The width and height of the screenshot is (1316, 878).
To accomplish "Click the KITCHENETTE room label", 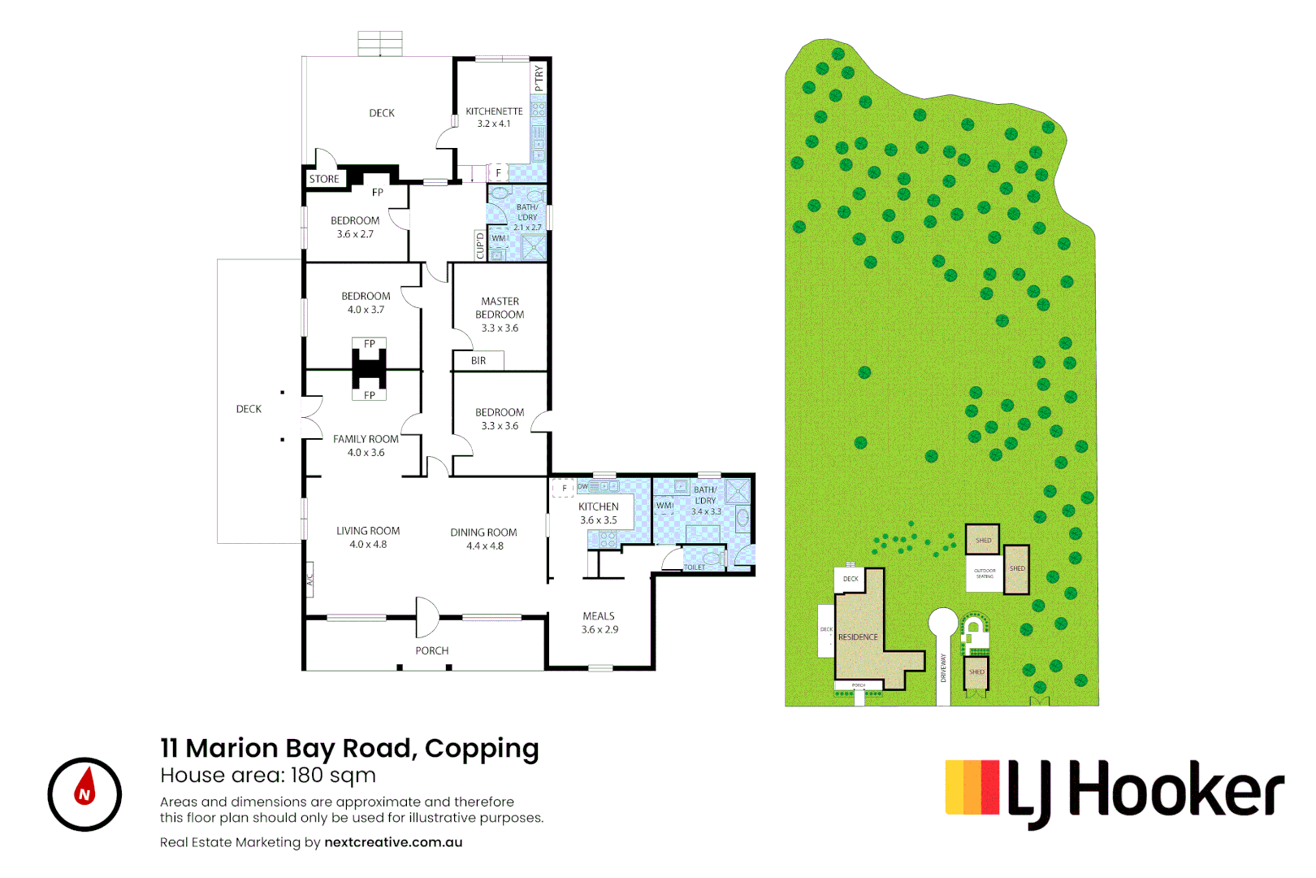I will (494, 111).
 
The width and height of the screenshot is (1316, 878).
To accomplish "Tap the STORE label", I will (324, 179).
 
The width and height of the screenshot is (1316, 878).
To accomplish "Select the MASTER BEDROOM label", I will (500, 307).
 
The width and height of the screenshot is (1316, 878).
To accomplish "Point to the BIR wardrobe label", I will (478, 361).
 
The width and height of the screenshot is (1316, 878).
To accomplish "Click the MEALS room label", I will (599, 616).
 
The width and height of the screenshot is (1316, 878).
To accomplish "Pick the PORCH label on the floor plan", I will (431, 650).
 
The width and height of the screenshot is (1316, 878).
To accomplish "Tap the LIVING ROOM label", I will (368, 531).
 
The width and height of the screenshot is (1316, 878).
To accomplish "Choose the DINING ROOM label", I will (483, 532).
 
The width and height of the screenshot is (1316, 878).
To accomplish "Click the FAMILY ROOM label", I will (366, 439).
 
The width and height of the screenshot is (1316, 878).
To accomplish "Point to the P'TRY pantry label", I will (539, 78).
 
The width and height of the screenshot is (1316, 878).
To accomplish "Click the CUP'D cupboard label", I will (480, 245).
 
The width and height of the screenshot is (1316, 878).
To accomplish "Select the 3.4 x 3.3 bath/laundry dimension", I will (706, 511).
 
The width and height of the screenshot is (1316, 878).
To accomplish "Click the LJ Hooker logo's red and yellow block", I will (972, 787).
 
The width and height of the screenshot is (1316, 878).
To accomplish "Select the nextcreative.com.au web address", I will (393, 842).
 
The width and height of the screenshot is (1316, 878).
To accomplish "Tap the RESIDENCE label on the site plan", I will (858, 637).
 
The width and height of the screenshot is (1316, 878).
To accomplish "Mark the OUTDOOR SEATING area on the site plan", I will (985, 573).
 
